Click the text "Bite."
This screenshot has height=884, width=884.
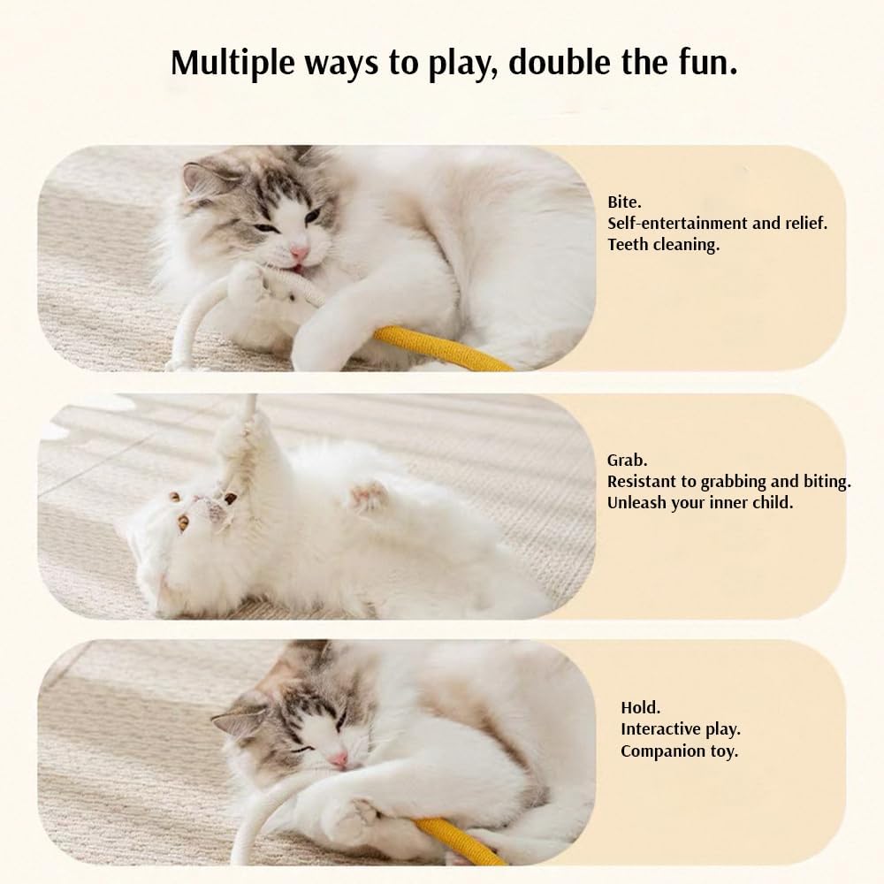[x=624, y=202]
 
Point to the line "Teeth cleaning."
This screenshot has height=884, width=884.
[x=663, y=245]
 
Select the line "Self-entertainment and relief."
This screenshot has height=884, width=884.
[x=717, y=224]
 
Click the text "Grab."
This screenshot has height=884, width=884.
[x=628, y=461]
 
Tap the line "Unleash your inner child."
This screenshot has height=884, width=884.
[x=700, y=503]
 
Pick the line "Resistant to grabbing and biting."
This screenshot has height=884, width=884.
[x=728, y=482]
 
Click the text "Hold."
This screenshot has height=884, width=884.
[x=640, y=708]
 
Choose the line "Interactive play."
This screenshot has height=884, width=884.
[x=680, y=730]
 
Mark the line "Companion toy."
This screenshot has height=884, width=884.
[x=679, y=752]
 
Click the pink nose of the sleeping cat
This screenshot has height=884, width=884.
[x=339, y=759]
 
